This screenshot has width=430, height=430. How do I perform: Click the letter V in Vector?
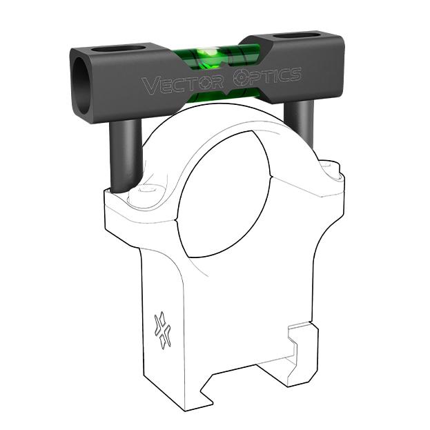click(x=148, y=86)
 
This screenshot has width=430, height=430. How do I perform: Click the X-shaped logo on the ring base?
click(x=162, y=329)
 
